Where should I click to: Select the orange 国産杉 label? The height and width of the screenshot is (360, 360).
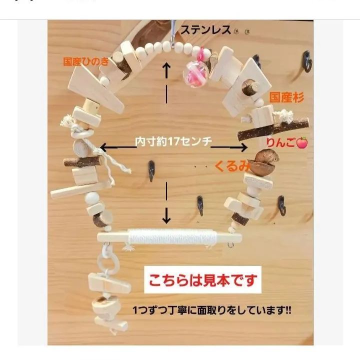pos(286,97)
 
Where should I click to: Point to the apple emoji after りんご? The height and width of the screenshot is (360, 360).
pos(302,143)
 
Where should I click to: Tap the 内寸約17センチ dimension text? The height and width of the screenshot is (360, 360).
pos(173,142)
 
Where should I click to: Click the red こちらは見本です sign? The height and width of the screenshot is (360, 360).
pos(203,281)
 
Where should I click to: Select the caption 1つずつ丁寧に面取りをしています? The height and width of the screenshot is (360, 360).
pos(212,310)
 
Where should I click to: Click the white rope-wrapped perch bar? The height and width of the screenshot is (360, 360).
pos(170,236)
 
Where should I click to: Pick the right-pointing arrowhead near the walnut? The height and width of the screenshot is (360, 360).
pos(244,147)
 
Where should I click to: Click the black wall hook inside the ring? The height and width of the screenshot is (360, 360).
pos(150,168)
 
